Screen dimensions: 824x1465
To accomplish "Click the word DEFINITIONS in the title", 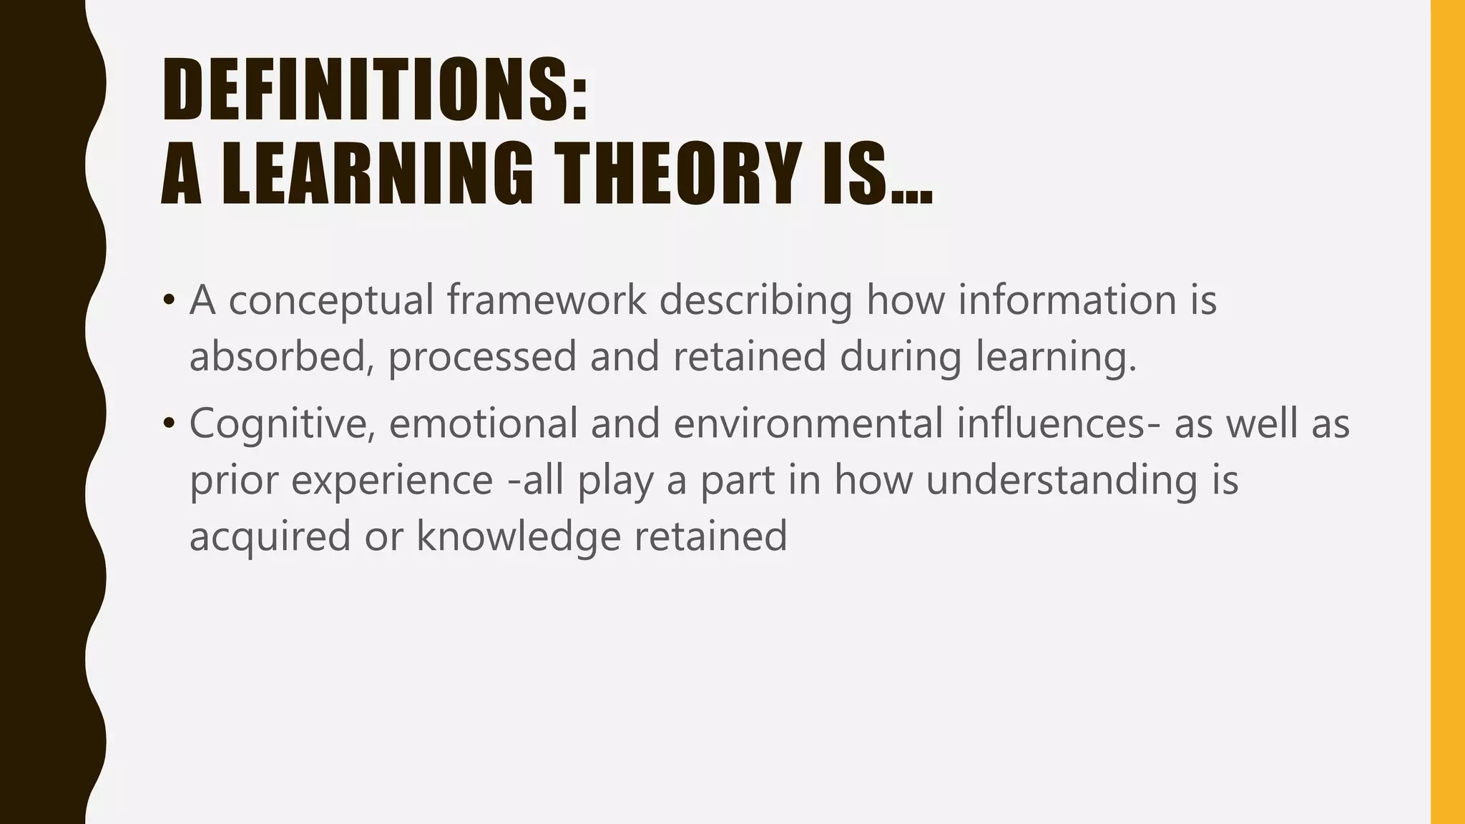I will click(365, 90).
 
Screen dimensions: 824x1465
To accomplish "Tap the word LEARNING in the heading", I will click(377, 174).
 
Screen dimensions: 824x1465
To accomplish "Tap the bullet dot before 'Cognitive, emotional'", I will click(169, 423).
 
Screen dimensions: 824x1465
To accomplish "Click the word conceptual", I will click(331, 300).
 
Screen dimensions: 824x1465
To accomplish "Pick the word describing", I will click(755, 300).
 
